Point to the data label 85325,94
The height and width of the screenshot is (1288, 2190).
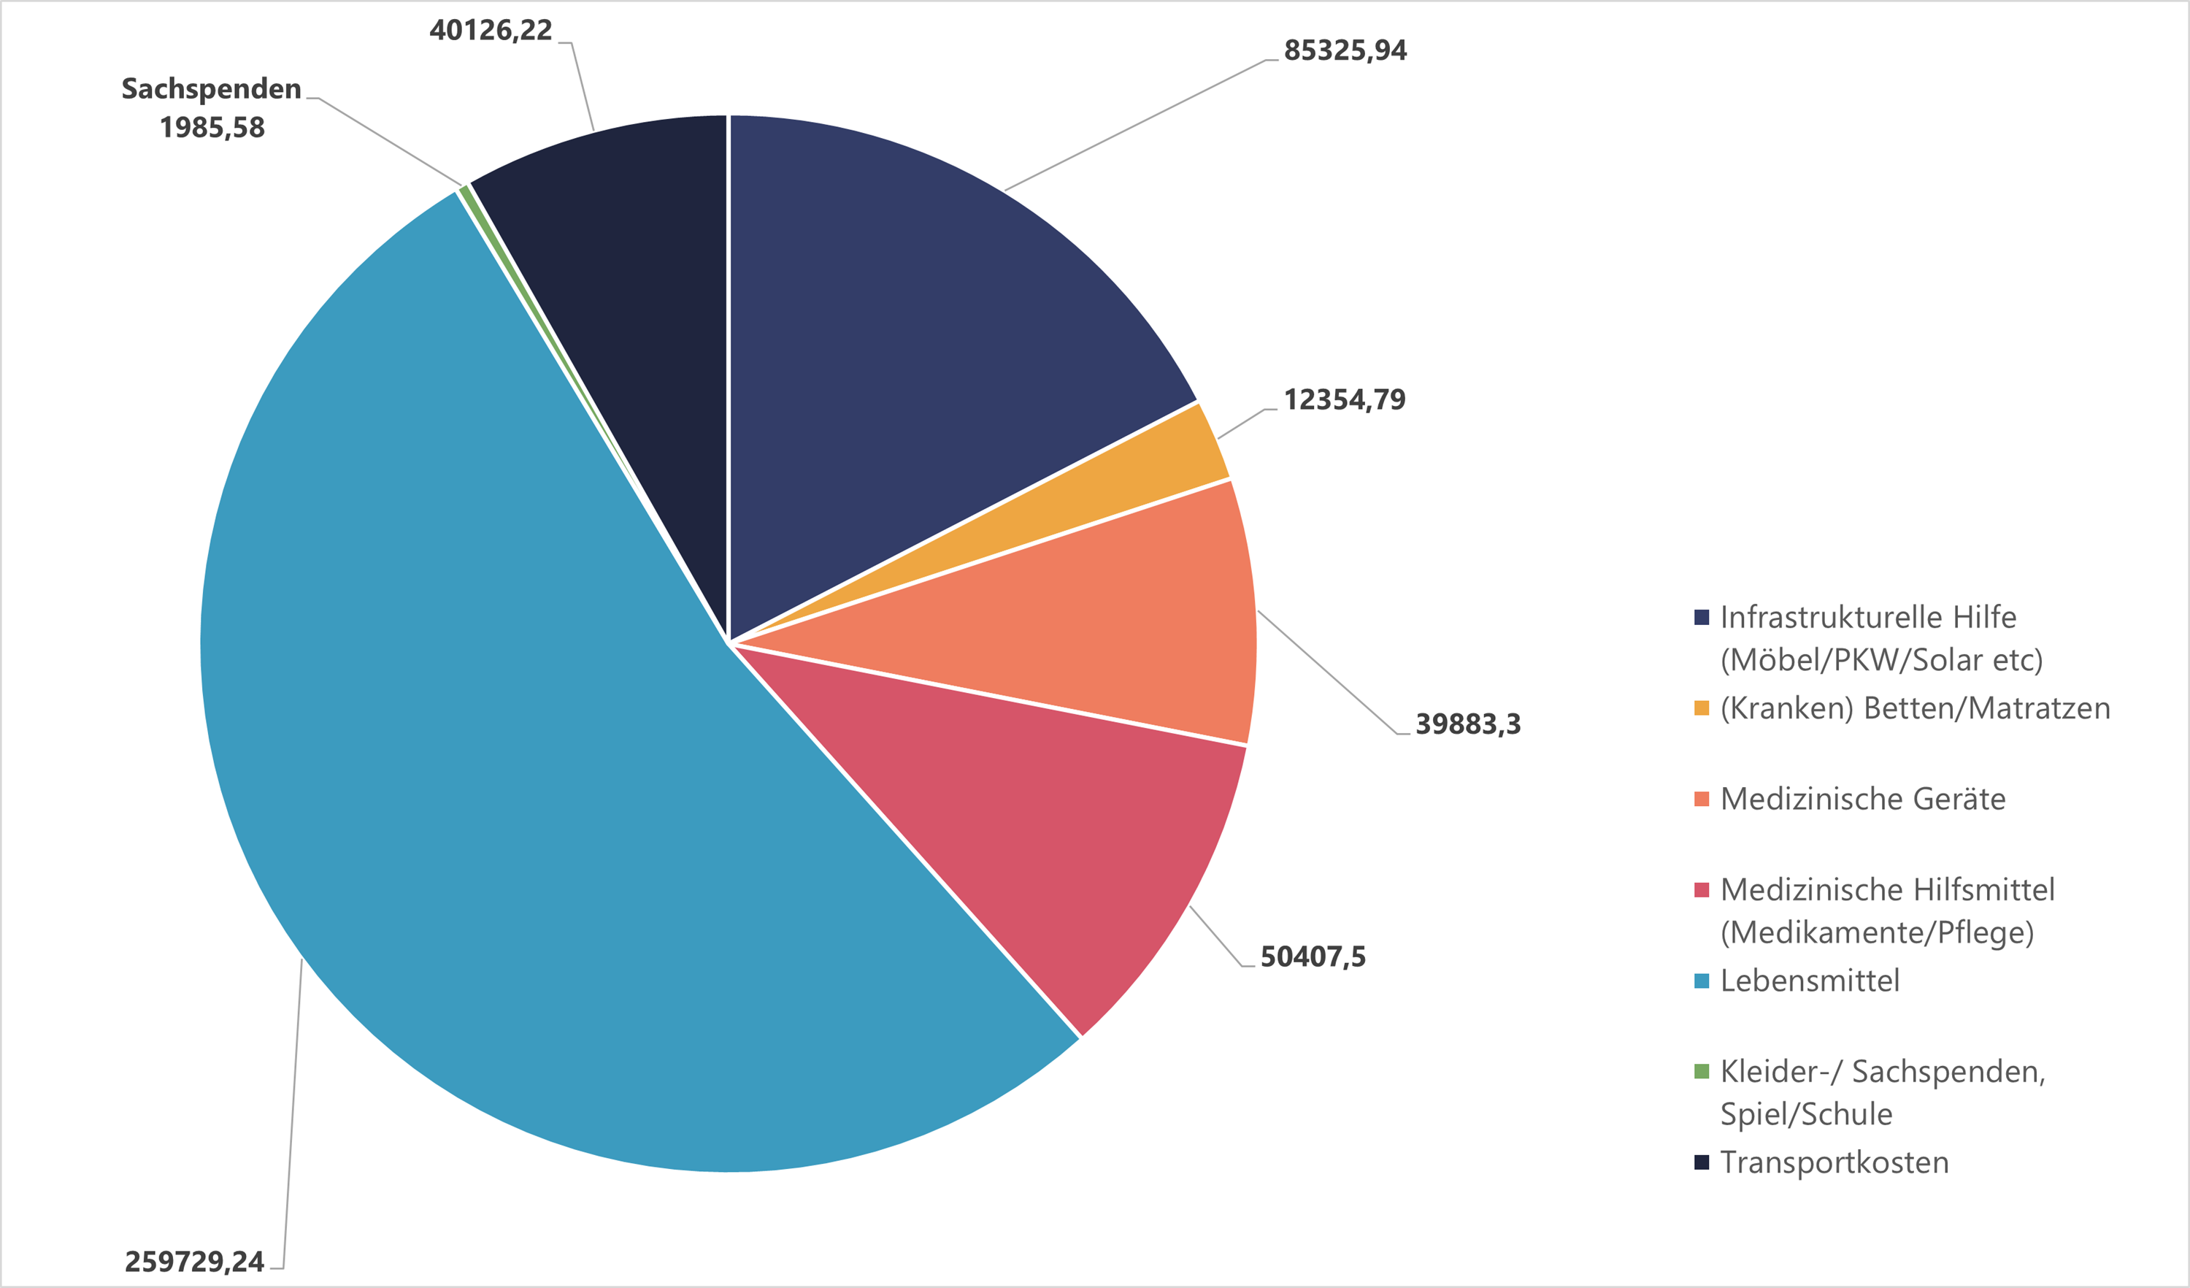tap(1345, 50)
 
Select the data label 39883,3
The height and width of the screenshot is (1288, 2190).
tap(1468, 724)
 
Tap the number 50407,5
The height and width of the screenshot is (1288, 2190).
tap(1313, 957)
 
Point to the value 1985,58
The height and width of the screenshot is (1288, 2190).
tap(212, 128)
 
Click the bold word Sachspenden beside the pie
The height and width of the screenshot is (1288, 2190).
tap(211, 88)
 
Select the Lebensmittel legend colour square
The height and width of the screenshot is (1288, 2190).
tap(1702, 981)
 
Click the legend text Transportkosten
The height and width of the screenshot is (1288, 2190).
tap(1834, 1163)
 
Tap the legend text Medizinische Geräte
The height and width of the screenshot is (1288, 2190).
tap(1862, 799)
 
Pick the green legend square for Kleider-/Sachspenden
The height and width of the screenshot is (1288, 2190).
tap(1702, 1072)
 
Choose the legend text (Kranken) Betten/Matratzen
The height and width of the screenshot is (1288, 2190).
tap(1915, 708)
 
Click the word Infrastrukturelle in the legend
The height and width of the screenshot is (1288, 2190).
tap(1832, 617)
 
